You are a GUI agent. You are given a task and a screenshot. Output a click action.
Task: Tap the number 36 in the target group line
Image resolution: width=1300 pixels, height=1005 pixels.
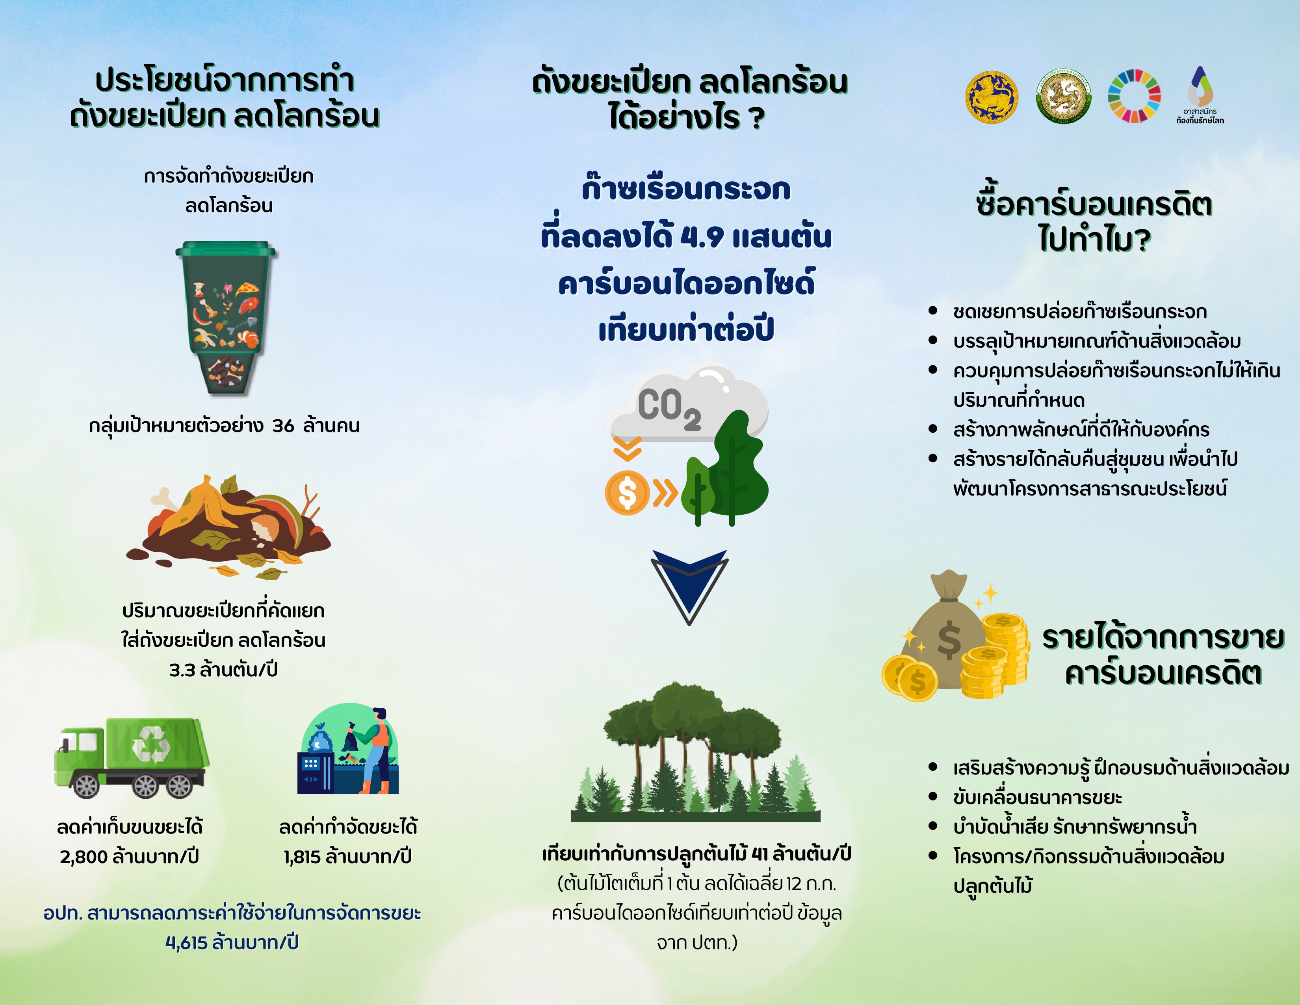pyautogui.click(x=283, y=426)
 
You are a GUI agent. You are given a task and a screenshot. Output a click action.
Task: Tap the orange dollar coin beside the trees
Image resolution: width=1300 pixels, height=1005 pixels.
pyautogui.click(x=627, y=492)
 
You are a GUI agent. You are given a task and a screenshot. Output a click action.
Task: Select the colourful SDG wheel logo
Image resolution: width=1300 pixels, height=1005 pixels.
pyautogui.click(x=1134, y=95)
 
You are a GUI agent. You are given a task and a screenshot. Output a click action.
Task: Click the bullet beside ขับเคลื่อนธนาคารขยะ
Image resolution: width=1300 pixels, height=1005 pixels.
pyautogui.click(x=933, y=796)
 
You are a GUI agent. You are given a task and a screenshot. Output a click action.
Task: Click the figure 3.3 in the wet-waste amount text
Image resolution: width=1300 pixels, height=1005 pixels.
pyautogui.click(x=182, y=670)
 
